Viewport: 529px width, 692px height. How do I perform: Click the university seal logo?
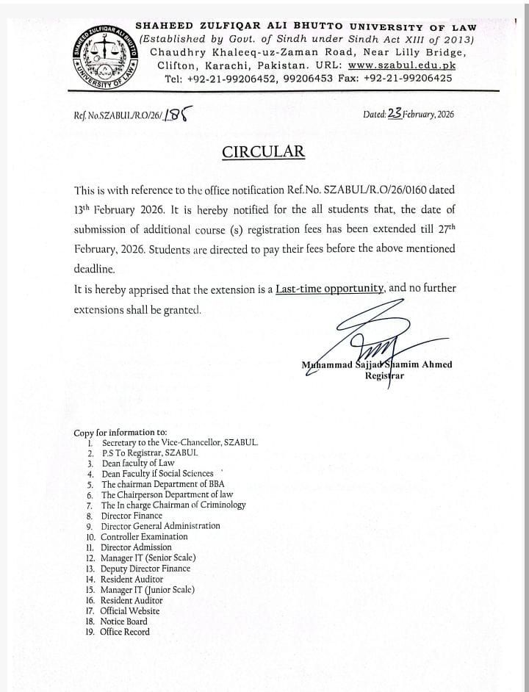pos(104,57)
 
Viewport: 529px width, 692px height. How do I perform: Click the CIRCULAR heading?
pos(263,152)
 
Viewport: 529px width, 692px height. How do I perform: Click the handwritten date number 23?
pos(395,113)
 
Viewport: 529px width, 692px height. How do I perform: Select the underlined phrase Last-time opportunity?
pos(330,289)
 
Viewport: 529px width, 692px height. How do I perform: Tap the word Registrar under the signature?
pos(386,376)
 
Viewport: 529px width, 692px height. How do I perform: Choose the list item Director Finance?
pos(132,516)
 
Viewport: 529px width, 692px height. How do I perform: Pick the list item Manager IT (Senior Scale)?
pos(148,558)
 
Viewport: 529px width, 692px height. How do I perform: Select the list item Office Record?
pos(124,632)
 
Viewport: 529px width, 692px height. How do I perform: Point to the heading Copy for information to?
pos(120,433)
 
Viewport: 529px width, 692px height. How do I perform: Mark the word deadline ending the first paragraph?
pos(94,269)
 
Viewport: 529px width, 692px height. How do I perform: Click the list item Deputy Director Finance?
pos(145,569)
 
